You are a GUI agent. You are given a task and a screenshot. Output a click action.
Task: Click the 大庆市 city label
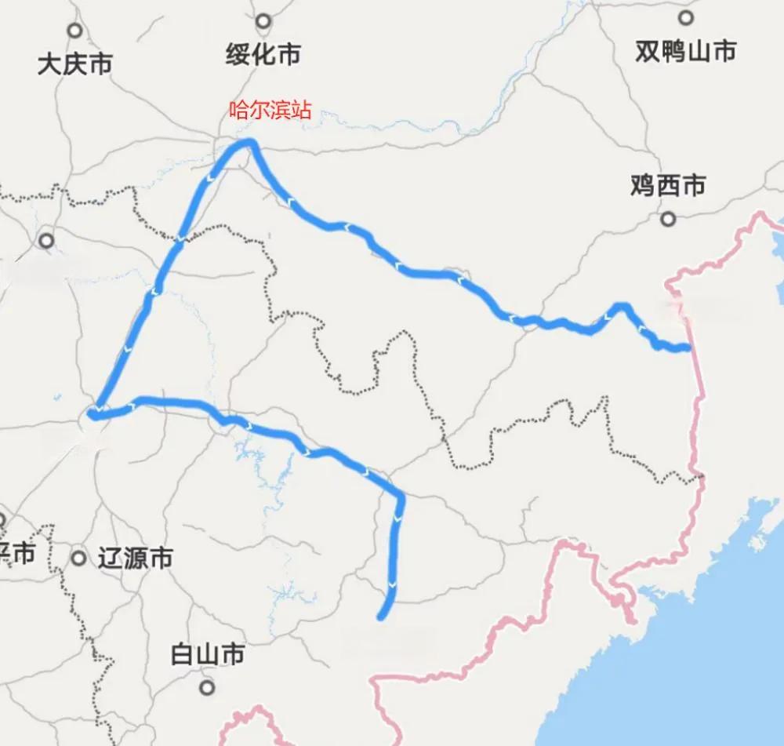point(74,64)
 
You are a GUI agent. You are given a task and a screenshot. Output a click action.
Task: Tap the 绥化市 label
point(263,54)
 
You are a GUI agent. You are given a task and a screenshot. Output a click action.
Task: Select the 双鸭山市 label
point(686,51)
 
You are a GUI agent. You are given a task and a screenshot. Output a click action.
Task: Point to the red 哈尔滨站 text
point(270,110)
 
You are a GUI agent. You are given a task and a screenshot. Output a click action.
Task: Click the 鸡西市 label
point(668,185)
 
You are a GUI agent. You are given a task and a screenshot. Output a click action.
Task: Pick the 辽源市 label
point(135,559)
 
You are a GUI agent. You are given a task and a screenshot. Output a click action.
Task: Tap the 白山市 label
point(208,654)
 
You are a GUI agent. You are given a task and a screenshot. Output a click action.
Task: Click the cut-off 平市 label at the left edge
point(17,554)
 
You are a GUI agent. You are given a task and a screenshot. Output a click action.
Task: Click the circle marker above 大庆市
point(74,31)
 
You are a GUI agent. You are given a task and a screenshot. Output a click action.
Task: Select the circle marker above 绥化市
point(263,21)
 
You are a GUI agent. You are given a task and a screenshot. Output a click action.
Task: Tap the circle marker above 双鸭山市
point(687,18)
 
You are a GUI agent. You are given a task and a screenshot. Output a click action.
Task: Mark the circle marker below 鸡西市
point(668,219)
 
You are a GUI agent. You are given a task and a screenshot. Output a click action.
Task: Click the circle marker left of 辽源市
point(78,559)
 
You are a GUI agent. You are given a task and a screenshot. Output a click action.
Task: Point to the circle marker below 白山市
point(207,688)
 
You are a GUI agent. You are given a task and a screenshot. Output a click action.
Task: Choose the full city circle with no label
point(47,241)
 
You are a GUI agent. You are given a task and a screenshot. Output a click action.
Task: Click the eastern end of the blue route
point(688,347)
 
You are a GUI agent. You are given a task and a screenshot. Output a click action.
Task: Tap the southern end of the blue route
point(381,617)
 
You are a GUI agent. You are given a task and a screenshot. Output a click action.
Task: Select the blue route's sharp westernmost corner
point(92,413)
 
